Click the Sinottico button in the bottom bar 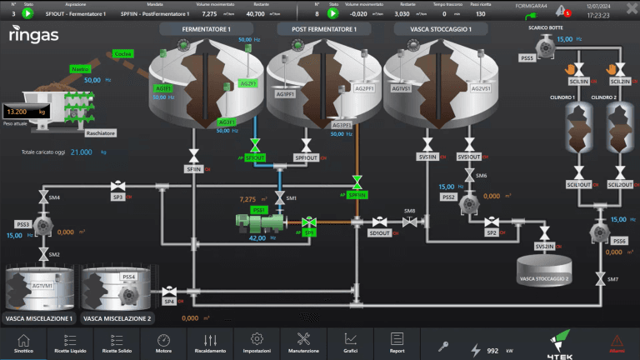tap(23, 342)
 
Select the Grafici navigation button tap(350, 342)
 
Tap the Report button tap(397, 342)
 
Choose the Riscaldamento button tap(210, 342)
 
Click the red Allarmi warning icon tap(617, 342)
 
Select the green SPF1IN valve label tap(357, 195)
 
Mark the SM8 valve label tap(409, 211)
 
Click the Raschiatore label tap(101, 132)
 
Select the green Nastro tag tap(80, 67)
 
